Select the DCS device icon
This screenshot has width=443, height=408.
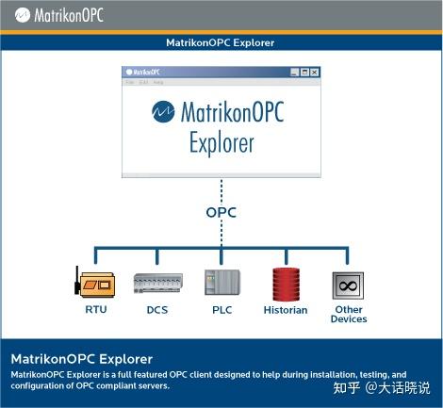pos(157,284)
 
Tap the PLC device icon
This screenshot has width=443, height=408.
pos(222,284)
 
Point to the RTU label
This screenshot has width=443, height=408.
pos(95,309)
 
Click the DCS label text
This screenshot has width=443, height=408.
pos(157,309)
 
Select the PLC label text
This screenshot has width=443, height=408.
pos(222,309)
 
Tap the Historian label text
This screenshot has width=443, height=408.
pos(286,310)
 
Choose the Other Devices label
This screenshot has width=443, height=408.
pos(348,314)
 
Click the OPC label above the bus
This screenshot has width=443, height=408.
pos(221,213)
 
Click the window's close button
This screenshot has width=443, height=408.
pos(315,72)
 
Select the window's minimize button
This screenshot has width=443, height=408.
pos(294,72)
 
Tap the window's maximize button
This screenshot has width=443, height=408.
pos(304,72)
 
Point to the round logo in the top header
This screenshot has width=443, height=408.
pos(18,15)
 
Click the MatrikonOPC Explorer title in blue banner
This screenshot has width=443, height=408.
pos(221,41)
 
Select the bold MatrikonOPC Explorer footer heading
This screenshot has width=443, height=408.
pos(81,359)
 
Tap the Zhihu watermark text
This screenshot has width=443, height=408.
pos(391,387)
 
